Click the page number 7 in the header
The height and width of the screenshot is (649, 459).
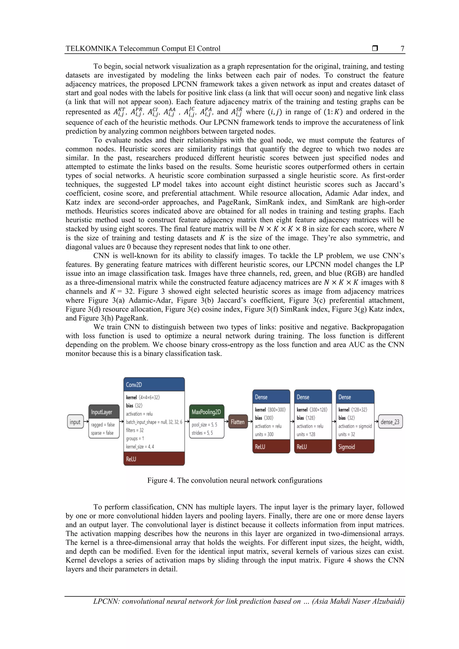tap(402, 49)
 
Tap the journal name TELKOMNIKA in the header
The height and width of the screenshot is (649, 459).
tap(91, 49)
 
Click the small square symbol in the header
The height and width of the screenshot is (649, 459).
tap(375, 48)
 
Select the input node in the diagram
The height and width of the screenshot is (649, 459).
tap(75, 422)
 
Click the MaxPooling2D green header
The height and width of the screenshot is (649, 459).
tap(206, 412)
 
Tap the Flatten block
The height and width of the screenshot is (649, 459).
tap(238, 422)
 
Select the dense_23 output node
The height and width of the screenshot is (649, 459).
tap(390, 422)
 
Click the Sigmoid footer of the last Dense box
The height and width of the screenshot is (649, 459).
tap(355, 447)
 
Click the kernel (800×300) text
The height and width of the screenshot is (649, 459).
tap(270, 410)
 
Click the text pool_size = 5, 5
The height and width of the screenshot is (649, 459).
tap(204, 425)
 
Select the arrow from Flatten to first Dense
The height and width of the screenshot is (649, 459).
tap(250, 422)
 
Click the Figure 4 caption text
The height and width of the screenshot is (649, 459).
tap(234, 481)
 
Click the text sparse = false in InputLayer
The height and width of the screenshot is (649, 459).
tap(102, 433)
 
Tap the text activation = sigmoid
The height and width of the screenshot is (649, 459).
tap(355, 426)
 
